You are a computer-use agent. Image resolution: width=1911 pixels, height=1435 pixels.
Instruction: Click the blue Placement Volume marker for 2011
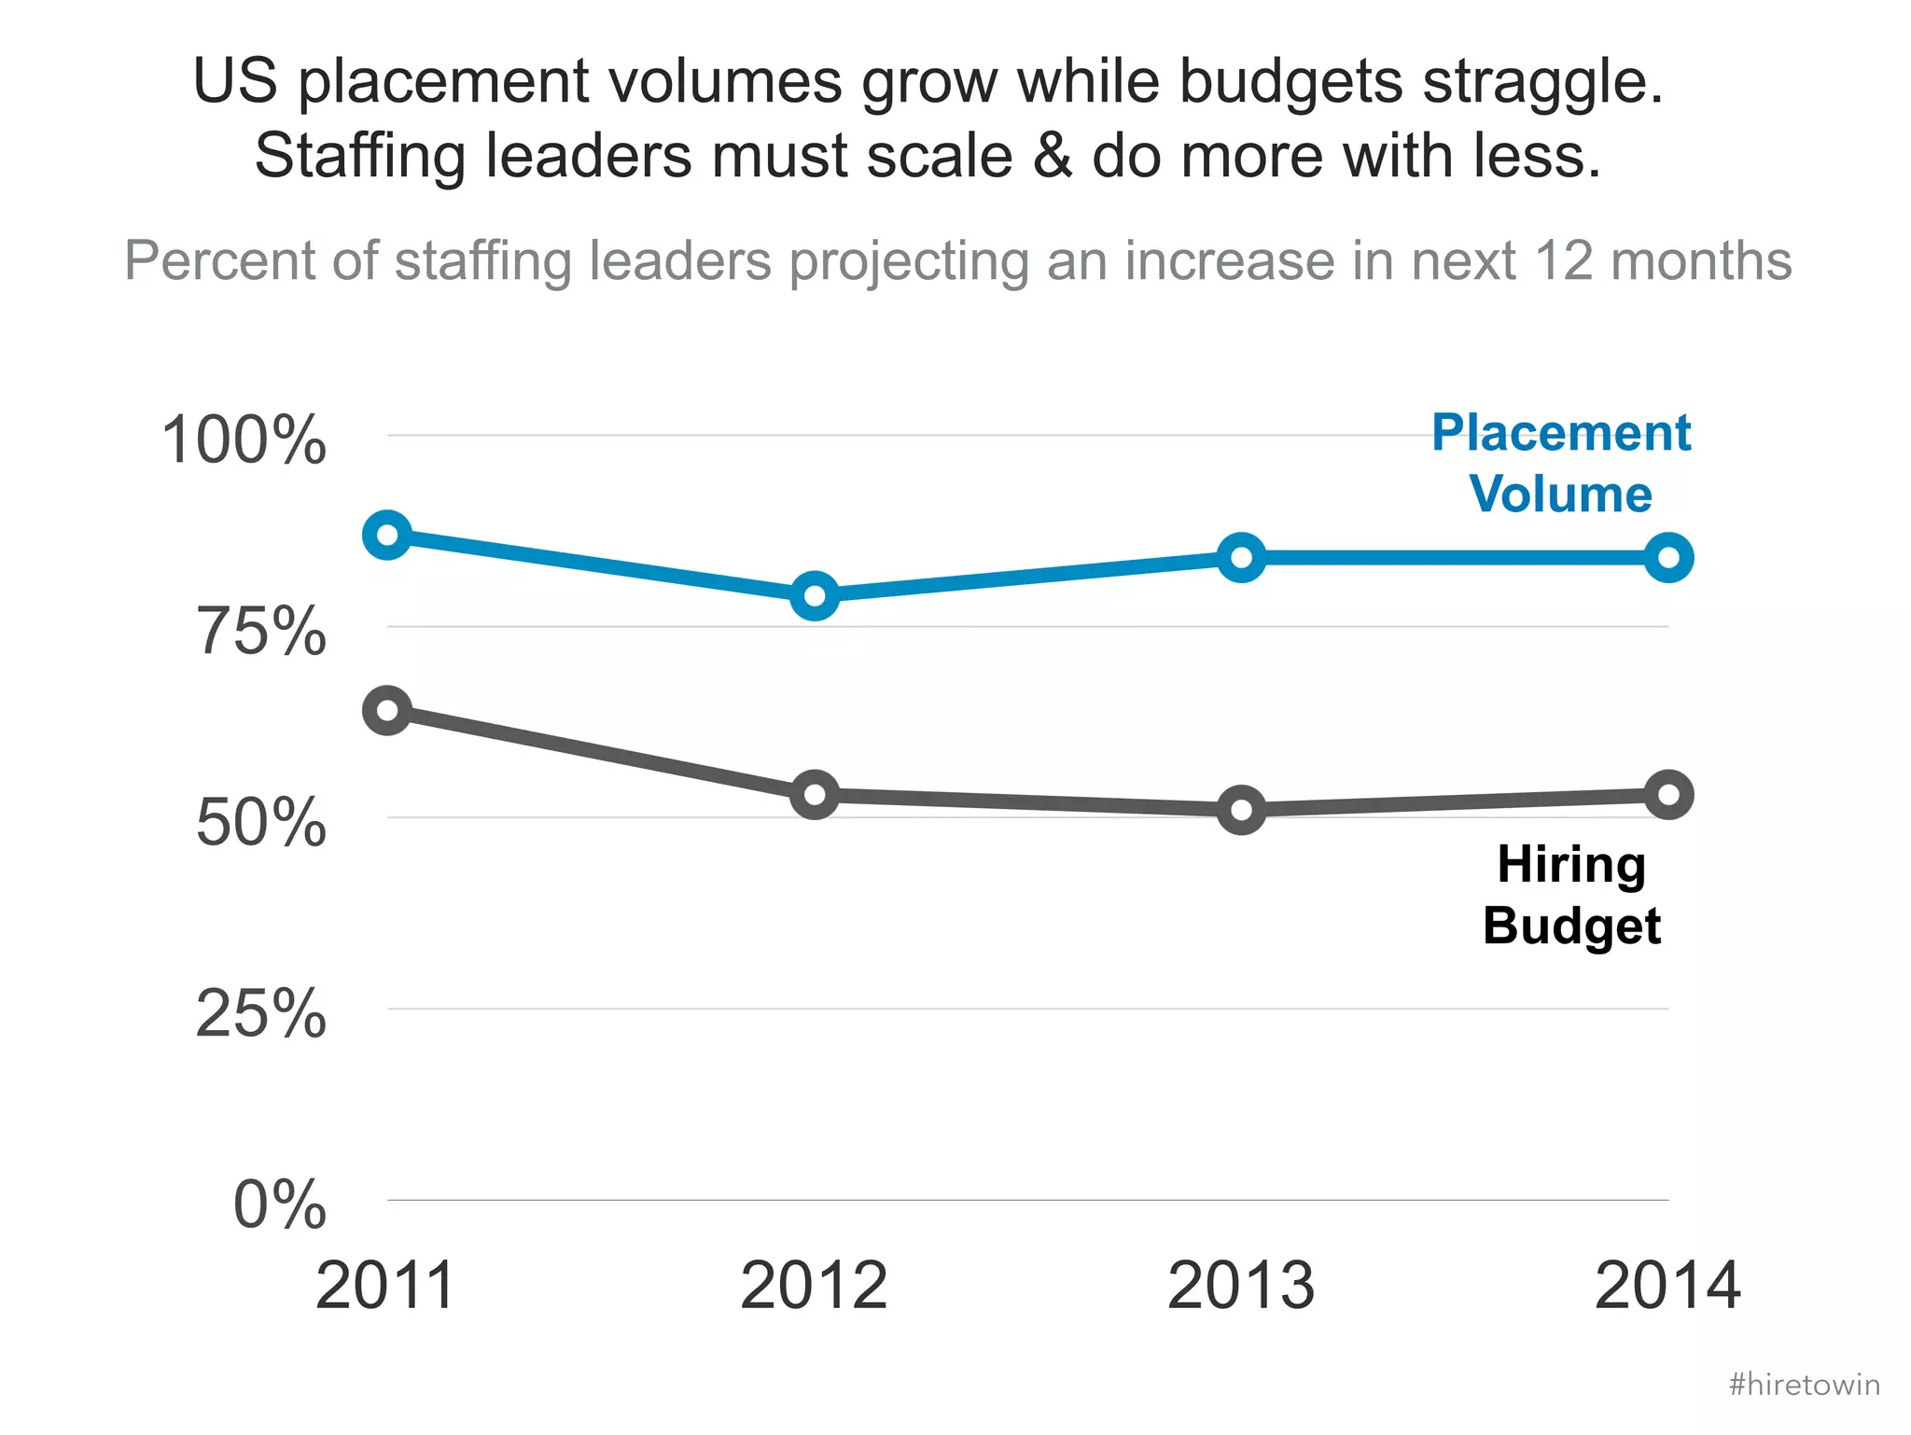[387, 536]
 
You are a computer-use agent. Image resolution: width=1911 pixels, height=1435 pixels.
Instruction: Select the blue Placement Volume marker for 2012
[815, 595]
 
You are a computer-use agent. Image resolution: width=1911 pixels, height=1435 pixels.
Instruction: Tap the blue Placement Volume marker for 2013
[1242, 558]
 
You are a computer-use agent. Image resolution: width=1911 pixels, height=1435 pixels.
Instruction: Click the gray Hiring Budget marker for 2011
[387, 711]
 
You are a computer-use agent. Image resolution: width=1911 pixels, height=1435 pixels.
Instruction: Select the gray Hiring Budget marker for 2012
[815, 795]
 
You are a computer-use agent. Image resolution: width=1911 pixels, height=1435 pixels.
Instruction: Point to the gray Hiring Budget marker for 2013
[1242, 809]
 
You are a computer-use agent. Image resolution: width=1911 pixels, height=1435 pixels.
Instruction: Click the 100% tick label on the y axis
[244, 439]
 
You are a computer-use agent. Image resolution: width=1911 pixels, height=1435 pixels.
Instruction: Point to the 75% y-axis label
[261, 632]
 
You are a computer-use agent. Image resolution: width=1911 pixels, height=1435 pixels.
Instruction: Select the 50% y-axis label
[261, 823]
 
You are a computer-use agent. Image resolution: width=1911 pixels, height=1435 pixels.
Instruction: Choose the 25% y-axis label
[261, 1014]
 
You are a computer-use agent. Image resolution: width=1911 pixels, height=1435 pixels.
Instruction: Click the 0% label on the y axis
[279, 1205]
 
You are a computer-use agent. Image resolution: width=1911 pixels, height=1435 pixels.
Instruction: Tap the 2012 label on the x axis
[814, 1286]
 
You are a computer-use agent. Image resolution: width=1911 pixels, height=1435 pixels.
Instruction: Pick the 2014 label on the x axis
[1667, 1286]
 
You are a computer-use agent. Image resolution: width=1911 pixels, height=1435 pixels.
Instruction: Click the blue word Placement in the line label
[1561, 434]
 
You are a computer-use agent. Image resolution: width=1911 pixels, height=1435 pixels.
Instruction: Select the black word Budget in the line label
[1571, 926]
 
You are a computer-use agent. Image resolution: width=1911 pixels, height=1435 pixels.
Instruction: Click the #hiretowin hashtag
[1804, 1385]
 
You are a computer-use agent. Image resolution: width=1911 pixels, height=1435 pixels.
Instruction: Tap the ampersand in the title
[1053, 156]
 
